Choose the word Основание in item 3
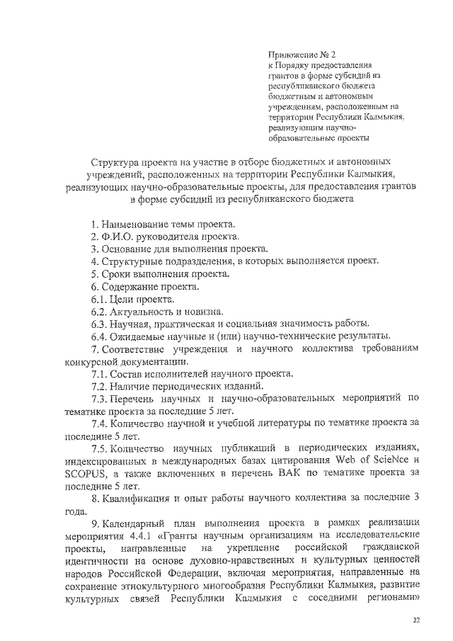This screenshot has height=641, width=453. pos(127,249)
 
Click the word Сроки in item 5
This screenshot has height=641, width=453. pos(116,273)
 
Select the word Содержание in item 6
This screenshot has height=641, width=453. pos(130,287)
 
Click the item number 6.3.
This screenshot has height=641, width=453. pos(98,324)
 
